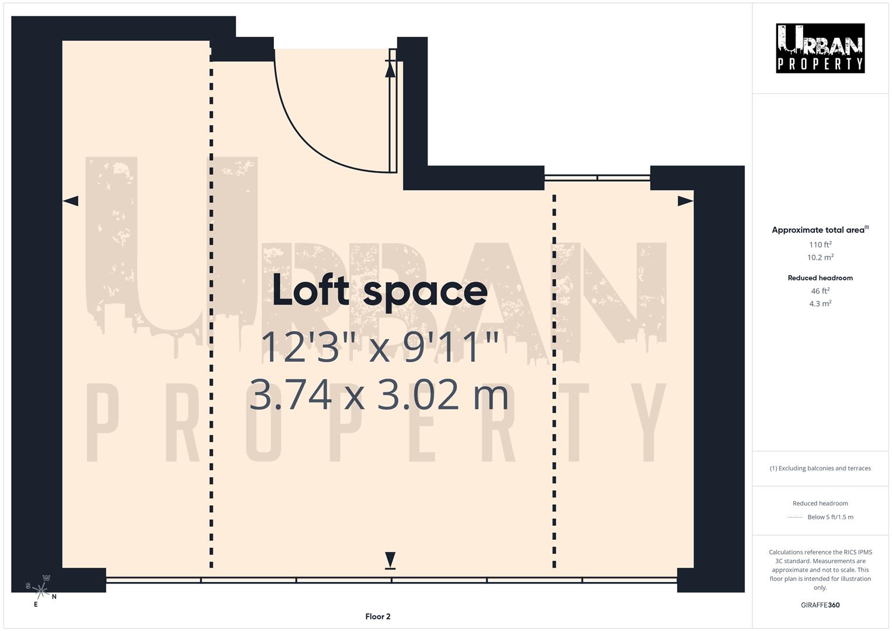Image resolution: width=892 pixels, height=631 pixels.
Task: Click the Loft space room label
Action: click(x=380, y=290)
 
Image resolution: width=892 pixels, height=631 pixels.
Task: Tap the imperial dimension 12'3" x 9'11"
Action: click(x=380, y=347)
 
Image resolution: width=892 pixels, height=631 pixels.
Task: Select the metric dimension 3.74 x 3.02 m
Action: click(x=379, y=394)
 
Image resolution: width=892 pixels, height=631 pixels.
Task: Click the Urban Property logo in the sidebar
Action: click(x=820, y=48)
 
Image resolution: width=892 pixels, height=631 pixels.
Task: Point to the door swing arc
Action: click(x=304, y=140)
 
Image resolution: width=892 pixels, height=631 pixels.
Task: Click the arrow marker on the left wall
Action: click(x=71, y=201)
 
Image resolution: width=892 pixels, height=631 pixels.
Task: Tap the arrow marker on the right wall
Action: click(x=685, y=201)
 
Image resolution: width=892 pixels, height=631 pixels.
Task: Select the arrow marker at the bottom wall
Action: click(x=390, y=560)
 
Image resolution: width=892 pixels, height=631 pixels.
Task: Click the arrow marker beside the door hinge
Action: click(x=390, y=68)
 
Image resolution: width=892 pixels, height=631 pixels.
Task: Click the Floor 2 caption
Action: click(x=378, y=616)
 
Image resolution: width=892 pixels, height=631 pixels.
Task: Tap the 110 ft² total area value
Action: click(x=820, y=244)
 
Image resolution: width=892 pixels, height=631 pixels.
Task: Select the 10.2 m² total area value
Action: click(x=820, y=257)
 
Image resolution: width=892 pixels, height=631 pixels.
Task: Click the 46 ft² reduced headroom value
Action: click(x=820, y=290)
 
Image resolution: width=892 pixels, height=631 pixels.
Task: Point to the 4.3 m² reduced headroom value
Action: click(x=820, y=303)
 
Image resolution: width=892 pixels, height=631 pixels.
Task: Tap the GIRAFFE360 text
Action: click(x=820, y=605)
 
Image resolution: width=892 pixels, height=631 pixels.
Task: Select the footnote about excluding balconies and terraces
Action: click(x=820, y=468)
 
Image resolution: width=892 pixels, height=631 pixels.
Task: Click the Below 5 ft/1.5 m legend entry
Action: click(x=829, y=517)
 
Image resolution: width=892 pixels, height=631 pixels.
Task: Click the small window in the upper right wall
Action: click(x=597, y=178)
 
